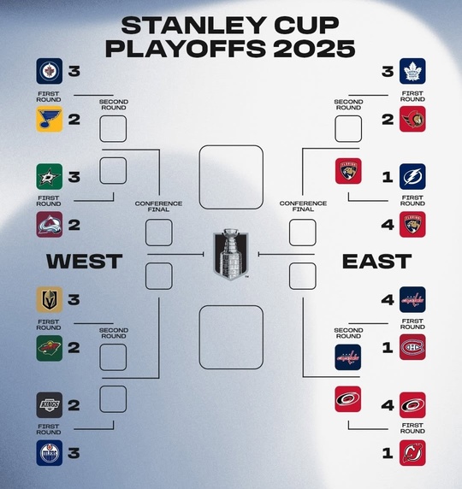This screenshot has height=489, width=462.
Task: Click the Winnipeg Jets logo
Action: pos(50,71)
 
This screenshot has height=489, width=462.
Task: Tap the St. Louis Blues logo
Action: pos(50,119)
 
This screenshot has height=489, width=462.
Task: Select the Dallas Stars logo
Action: pos(50,176)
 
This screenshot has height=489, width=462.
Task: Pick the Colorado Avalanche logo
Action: pos(50,225)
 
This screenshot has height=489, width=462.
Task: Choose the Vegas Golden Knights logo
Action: pos(50,300)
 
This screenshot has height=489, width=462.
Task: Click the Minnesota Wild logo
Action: pos(50,348)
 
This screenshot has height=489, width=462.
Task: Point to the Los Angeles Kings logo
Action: pos(50,405)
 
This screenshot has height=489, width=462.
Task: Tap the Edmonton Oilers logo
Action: pos(50,453)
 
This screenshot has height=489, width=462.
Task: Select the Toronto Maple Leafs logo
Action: pos(412,71)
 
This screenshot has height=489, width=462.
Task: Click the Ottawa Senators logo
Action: pos(412,119)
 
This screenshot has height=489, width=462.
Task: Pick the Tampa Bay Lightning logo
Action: pos(412,176)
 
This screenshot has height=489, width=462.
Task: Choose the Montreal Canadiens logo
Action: pos(412,347)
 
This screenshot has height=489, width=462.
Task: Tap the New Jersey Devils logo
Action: pos(412,453)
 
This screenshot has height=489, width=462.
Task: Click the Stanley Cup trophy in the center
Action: pos(231,254)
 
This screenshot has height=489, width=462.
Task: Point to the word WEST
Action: pos(85,262)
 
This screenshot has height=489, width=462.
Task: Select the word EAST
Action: pos(377,262)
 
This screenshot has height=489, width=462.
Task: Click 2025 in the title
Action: pos(315,49)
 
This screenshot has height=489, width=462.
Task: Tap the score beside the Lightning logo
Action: pos(388,177)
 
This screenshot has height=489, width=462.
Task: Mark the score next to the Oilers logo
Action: pos(74,453)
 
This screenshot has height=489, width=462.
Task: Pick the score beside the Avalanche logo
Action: pos(74,225)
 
